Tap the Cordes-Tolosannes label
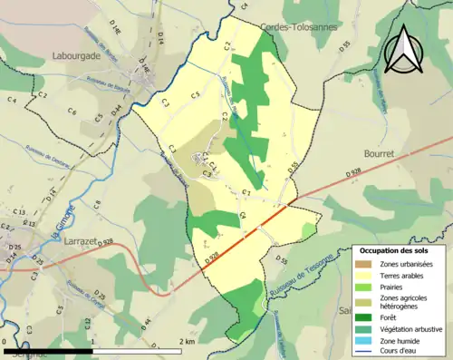[298, 27]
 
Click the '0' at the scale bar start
[5, 342]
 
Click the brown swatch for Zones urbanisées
[365, 264]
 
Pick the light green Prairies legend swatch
[365, 287]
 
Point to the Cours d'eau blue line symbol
[365, 353]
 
